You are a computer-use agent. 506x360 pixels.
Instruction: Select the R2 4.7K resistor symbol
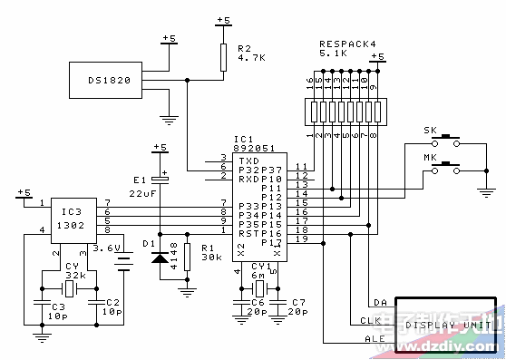pyautogui.click(x=222, y=56)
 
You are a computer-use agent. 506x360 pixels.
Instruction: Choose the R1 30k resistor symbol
pyautogui.click(x=187, y=257)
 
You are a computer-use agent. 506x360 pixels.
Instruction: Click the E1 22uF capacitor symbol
pyautogui.click(x=160, y=180)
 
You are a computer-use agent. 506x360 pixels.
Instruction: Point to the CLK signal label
pyautogui.click(x=368, y=321)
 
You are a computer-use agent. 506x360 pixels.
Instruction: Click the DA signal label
pyautogui.click(x=379, y=302)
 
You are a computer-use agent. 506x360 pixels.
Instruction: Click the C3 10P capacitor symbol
pyautogui.click(x=42, y=297)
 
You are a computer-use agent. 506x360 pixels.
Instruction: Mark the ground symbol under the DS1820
pyautogui.click(x=168, y=117)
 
